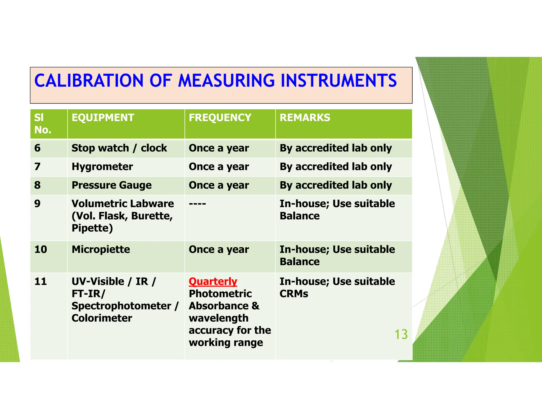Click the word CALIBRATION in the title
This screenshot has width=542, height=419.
(89, 81)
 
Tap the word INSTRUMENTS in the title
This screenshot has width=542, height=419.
(338, 81)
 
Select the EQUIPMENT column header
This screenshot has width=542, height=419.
(103, 118)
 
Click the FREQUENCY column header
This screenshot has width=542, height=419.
(220, 118)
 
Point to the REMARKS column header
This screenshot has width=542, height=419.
(305, 118)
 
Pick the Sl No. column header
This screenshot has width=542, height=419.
(42, 124)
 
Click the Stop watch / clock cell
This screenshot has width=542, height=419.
(119, 148)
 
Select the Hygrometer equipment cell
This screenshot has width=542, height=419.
(102, 167)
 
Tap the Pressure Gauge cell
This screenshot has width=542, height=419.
(111, 185)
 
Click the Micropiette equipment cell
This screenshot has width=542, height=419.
(101, 249)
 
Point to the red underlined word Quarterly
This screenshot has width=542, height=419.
(213, 282)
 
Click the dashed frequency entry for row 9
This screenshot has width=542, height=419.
(197, 204)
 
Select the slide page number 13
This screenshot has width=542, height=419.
(401, 334)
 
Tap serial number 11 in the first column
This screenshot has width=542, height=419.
(40, 282)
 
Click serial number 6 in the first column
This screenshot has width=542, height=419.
(37, 148)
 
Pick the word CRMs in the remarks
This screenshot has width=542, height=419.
(294, 294)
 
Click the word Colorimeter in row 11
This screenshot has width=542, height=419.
(102, 318)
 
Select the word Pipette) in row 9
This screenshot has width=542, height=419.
(92, 228)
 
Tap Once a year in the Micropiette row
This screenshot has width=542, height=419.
(219, 249)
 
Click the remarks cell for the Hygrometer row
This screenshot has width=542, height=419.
(336, 167)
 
